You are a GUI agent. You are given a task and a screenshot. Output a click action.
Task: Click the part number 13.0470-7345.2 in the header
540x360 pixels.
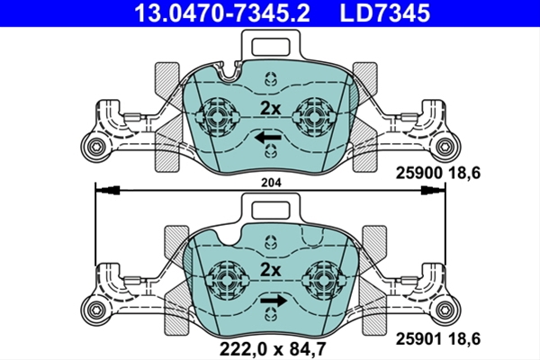[x=222, y=13]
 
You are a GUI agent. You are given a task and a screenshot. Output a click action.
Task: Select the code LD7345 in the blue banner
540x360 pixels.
[x=385, y=13]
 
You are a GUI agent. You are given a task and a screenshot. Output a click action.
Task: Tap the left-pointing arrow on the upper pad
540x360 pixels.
[x=268, y=138]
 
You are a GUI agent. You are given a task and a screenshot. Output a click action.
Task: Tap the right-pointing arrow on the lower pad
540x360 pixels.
[x=274, y=301]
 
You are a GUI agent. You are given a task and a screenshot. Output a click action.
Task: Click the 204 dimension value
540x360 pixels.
[x=271, y=183]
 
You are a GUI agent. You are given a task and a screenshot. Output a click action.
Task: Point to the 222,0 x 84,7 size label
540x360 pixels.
[x=272, y=348]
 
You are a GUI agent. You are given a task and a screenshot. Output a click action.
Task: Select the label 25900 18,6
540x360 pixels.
[x=437, y=173]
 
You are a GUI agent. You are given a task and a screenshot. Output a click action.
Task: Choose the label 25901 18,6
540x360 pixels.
[x=437, y=339]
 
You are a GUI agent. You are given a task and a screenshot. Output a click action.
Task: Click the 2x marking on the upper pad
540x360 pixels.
[x=270, y=109]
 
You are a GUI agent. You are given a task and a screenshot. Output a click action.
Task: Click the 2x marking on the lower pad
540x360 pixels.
[x=270, y=270]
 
